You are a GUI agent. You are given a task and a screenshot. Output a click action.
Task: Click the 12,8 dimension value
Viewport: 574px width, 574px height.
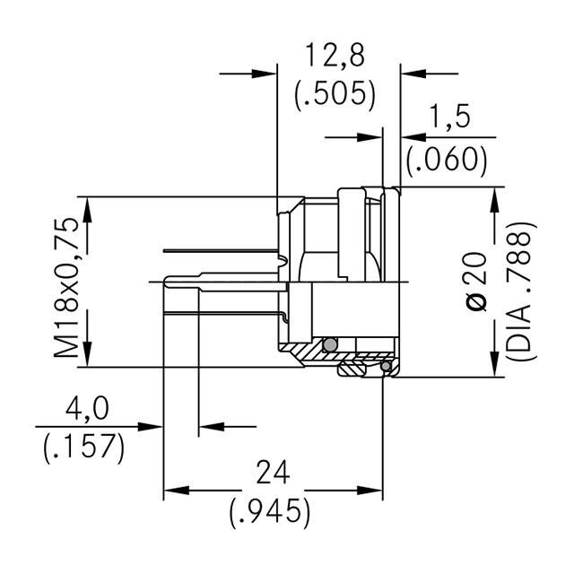tap(335, 57)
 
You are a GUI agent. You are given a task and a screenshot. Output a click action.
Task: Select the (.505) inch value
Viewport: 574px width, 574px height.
tap(335, 94)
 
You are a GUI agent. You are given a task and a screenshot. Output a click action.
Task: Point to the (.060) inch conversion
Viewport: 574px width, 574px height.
tap(446, 159)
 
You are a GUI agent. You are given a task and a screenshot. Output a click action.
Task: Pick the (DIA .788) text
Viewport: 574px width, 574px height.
tap(521, 290)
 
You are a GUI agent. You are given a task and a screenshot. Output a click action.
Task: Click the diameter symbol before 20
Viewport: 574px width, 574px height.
tap(479, 302)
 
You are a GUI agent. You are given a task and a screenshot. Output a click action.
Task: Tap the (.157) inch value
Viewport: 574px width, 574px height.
tap(83, 446)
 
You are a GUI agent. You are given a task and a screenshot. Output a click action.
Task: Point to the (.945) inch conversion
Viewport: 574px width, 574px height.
tap(269, 511)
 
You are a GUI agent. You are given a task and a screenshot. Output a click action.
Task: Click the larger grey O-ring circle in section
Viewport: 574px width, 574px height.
tap(330, 345)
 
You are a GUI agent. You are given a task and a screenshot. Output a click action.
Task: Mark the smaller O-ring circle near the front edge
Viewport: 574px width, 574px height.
tap(386, 366)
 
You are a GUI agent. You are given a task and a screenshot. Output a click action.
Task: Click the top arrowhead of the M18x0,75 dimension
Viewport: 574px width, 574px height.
tap(88, 206)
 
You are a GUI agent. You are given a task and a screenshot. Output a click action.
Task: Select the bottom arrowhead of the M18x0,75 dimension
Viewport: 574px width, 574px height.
tap(88, 357)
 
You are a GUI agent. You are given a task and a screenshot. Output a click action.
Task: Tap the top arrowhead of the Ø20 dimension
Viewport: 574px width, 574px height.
tap(494, 198)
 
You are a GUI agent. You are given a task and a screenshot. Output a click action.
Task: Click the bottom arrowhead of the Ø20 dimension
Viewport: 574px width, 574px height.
tap(494, 369)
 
